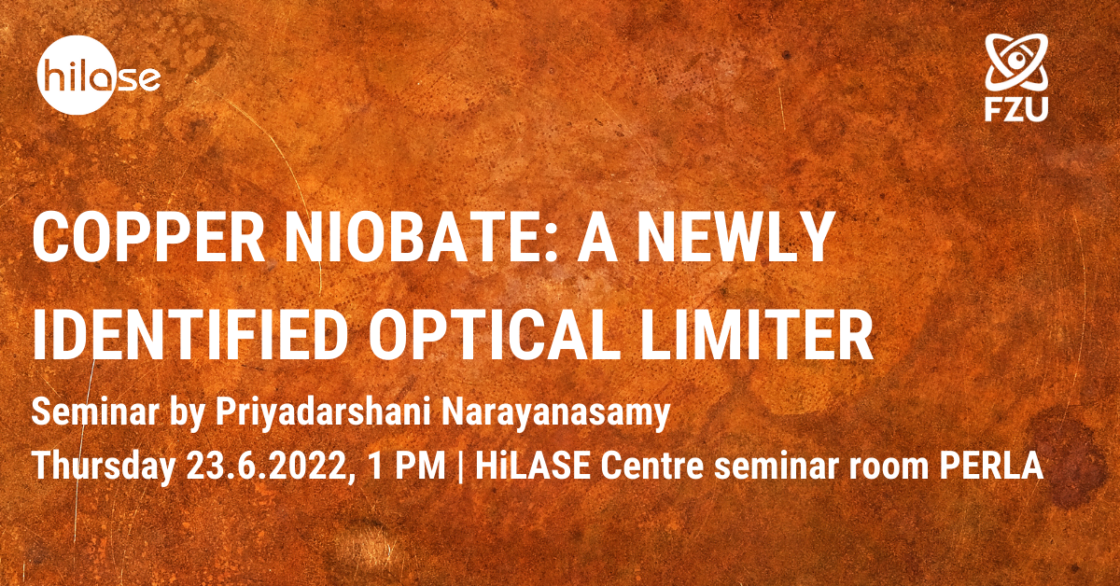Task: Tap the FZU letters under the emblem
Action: pyautogui.click(x=1016, y=110)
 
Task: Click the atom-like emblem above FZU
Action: pyautogui.click(x=1016, y=63)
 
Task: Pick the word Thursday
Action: pyautogui.click(x=103, y=467)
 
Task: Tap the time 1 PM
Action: pyautogui.click(x=407, y=466)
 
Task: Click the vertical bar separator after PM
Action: pyautogui.click(x=460, y=467)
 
